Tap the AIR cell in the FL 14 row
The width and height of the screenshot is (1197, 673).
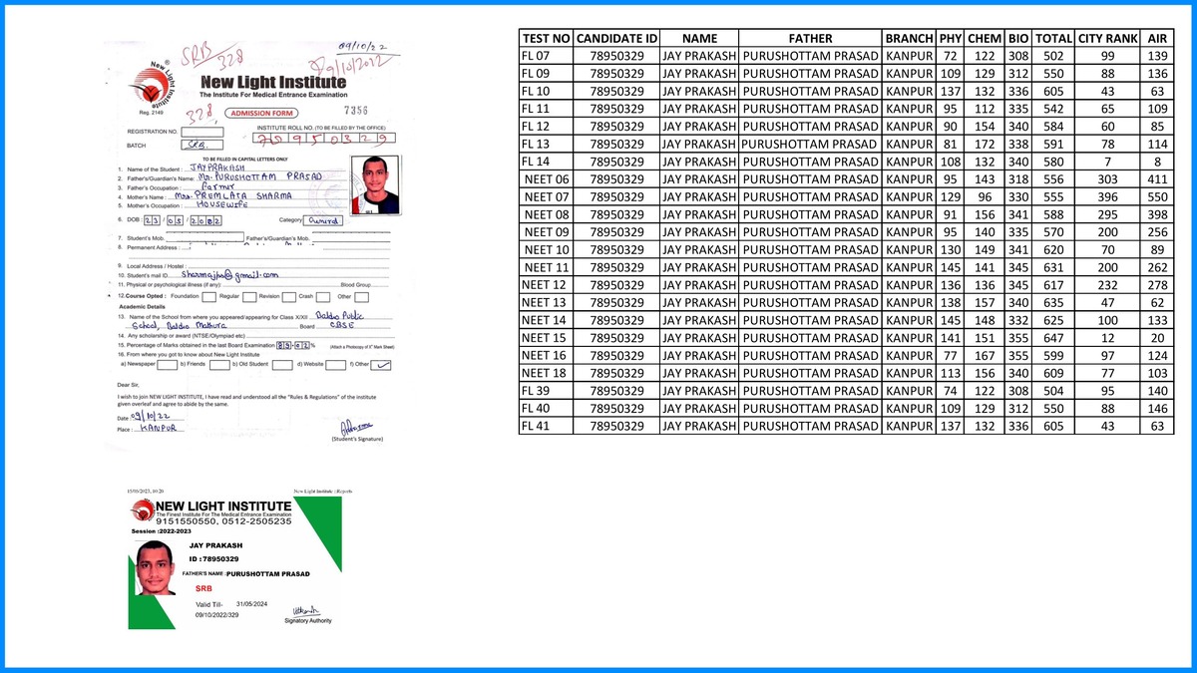pyautogui.click(x=1157, y=161)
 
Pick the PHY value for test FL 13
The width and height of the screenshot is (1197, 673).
pyautogui.click(x=950, y=144)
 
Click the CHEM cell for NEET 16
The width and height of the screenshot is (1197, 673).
pyautogui.click(x=985, y=355)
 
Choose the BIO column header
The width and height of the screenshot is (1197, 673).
pyautogui.click(x=1018, y=38)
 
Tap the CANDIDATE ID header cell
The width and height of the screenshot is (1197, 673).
pyautogui.click(x=617, y=38)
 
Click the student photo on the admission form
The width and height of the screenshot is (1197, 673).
pyautogui.click(x=380, y=185)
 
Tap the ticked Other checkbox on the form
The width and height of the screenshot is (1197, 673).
pyautogui.click(x=380, y=364)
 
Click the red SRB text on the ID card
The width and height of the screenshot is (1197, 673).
pyautogui.click(x=204, y=589)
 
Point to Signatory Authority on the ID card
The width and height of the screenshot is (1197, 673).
pyautogui.click(x=308, y=620)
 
